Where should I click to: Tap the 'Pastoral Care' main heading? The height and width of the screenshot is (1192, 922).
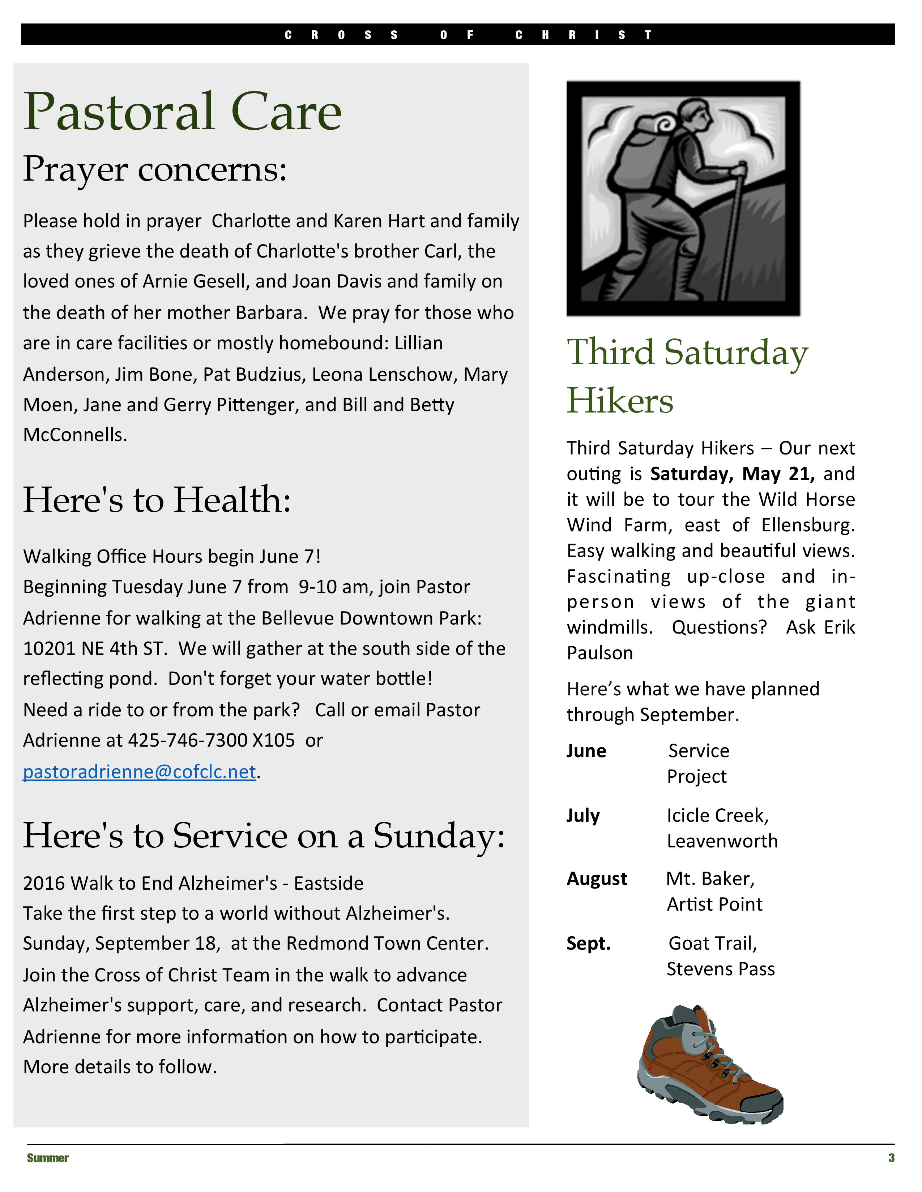tap(183, 112)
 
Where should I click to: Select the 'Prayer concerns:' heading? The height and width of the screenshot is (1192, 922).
tap(155, 169)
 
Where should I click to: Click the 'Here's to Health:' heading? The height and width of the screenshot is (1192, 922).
tap(157, 500)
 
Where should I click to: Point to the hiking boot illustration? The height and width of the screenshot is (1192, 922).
tap(710, 1064)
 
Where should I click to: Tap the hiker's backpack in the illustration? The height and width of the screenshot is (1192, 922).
tap(639, 158)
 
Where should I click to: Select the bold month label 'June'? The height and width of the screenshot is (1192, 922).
tap(586, 751)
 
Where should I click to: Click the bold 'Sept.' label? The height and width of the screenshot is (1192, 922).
tap(588, 943)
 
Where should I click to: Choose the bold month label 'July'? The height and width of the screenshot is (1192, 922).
tap(583, 815)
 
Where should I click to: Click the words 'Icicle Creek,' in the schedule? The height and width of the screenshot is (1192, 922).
tap(717, 815)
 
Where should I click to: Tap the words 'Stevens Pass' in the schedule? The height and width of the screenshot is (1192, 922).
tap(721, 969)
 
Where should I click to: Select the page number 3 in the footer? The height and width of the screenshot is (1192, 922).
tap(891, 1158)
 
